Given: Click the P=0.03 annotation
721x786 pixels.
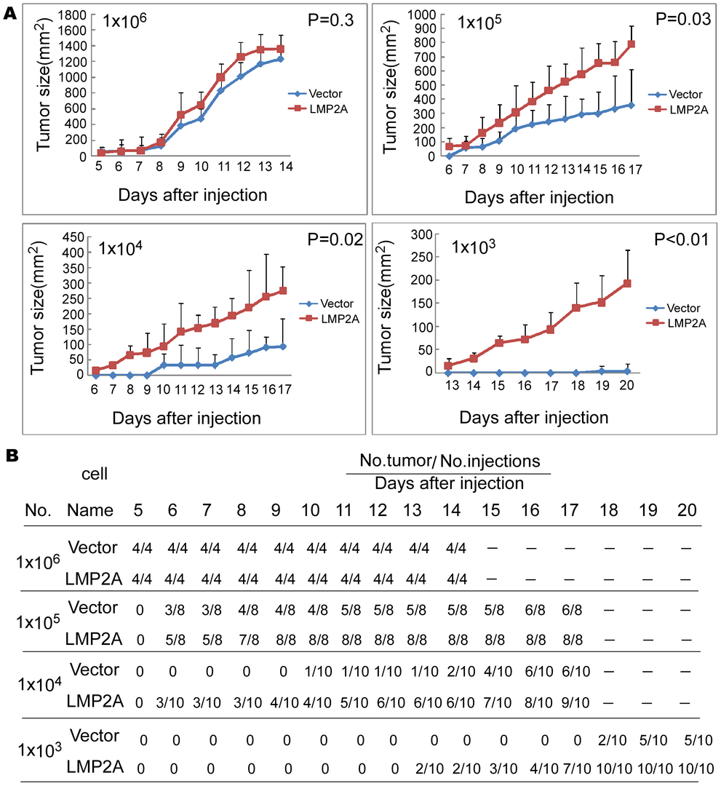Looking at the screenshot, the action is pos(683,19).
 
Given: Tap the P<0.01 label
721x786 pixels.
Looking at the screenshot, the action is pos(682,239).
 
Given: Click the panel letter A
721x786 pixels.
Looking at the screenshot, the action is pos(9,14).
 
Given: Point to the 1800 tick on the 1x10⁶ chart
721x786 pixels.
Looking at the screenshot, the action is pos(72,15).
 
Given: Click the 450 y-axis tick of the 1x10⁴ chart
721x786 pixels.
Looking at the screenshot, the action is pos(73,237).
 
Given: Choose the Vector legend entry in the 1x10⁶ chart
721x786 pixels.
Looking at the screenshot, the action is pos(315,94).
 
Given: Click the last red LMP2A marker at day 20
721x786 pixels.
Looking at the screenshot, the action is pos(627,284).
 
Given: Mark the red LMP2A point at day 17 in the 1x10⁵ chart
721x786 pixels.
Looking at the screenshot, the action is pos(632,44).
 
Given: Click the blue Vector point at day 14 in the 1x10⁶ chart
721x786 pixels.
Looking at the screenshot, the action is pos(280,59).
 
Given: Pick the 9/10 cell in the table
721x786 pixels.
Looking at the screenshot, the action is pos(575,702).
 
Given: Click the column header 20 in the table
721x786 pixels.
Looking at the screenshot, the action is pos(687,509).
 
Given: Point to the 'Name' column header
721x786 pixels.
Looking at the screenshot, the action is pos(90,509).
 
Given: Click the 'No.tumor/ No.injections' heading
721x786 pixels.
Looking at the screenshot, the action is pos(450,461).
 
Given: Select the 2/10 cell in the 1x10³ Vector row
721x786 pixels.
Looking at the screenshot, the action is pos(613,740).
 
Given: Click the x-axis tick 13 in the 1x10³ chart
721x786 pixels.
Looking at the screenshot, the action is pos(452,385).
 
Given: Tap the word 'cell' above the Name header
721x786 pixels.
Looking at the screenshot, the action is pos(94,474).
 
